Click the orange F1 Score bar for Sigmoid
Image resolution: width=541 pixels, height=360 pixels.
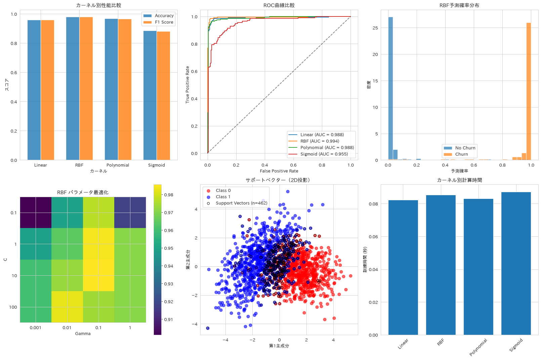(164, 96)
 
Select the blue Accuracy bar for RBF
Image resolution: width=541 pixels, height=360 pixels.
(73, 88)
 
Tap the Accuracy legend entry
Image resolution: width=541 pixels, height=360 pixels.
(159, 16)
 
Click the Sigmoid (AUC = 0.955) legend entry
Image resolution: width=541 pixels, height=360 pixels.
(318, 154)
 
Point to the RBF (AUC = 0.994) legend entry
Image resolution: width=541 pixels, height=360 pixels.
(314, 141)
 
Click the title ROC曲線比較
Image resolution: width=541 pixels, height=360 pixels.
(279, 5)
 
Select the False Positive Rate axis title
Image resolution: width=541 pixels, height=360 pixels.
(279, 171)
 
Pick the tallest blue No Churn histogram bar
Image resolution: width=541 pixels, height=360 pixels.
(390, 88)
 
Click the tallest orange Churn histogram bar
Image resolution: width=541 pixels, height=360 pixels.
(529, 91)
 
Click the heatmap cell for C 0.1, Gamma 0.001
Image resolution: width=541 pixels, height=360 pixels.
(36, 213)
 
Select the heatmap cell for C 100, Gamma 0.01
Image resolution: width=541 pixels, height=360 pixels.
(67, 307)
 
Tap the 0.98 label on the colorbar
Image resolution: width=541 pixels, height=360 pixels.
(169, 195)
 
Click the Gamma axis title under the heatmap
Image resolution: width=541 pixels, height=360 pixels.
(83, 333)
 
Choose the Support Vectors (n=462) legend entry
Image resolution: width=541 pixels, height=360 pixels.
(238, 203)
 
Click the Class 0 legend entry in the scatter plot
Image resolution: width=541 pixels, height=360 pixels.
(219, 190)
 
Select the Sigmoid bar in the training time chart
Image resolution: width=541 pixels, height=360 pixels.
(516, 263)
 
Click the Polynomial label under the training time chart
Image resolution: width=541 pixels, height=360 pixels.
(478, 347)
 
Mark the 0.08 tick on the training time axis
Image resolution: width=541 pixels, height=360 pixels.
(373, 204)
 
